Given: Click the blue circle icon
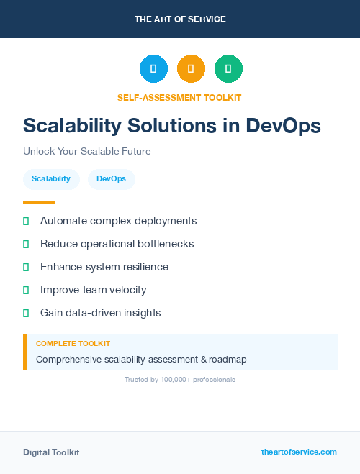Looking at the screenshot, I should click(x=153, y=68).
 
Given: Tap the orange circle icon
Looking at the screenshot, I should click(x=191, y=68).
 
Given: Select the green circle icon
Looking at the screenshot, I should click(x=228, y=68).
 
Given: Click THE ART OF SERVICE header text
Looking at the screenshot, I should click(x=180, y=19).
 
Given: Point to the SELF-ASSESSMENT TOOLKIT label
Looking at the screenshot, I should click(x=179, y=97).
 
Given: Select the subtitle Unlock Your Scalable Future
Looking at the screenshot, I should click(x=86, y=152).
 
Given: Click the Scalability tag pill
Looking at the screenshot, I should click(x=51, y=178).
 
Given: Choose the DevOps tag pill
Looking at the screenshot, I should click(x=111, y=178).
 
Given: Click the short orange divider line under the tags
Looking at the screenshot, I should click(x=39, y=202).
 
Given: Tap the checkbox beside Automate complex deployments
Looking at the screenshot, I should click(x=26, y=221).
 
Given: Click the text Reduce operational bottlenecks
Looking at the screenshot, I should click(x=117, y=244).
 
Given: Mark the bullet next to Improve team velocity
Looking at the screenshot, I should click(x=26, y=290).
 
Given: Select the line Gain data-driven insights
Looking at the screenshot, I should click(x=100, y=313).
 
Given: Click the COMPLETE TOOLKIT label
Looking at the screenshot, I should click(x=73, y=344).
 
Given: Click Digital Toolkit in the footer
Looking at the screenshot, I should click(x=51, y=452).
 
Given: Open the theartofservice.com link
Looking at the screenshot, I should click(x=299, y=452).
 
